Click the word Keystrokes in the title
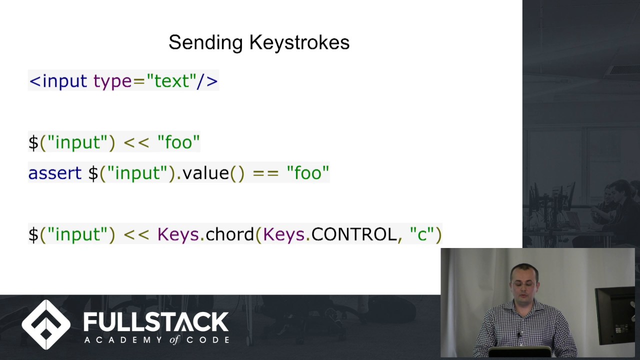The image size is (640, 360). click(x=299, y=43)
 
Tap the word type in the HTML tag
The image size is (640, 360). click(x=112, y=81)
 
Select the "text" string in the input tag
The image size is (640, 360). click(x=171, y=81)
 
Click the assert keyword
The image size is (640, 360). click(x=54, y=173)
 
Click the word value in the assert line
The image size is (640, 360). click(x=205, y=173)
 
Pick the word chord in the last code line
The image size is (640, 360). click(x=229, y=234)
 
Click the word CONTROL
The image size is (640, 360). click(x=354, y=234)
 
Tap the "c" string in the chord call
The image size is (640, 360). click(x=422, y=234)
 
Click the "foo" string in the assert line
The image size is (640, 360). click(x=307, y=173)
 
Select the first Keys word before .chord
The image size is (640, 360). click(x=178, y=234)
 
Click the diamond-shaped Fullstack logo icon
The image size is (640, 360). click(x=46, y=324)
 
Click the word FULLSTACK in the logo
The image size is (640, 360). click(x=155, y=321)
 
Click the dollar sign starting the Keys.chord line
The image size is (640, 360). click(x=33, y=234)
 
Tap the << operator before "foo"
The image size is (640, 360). click(x=136, y=142)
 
